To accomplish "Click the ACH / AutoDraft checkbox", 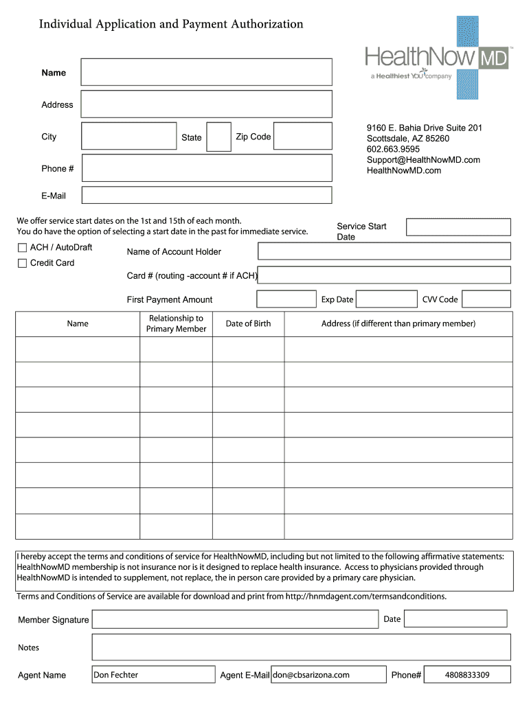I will [x=22, y=248].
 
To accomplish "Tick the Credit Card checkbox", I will [x=22, y=263].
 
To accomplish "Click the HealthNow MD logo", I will [x=437, y=58].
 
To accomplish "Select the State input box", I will [x=218, y=137].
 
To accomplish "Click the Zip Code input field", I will [x=302, y=137].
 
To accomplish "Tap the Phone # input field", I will [x=206, y=168].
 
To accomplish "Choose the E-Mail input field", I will [x=206, y=195].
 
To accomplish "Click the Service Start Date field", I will [x=458, y=227].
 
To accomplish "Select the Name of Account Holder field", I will [x=384, y=251].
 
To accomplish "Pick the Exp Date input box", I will [x=386, y=299].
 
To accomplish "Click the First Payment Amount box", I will [x=286, y=299].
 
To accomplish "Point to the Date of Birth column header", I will [x=248, y=324].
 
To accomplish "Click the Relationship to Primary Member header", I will [x=176, y=324].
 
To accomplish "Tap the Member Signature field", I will [x=235, y=619].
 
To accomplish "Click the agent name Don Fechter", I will [x=116, y=675].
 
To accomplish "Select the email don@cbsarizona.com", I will [x=311, y=675].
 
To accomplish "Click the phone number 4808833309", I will [x=467, y=675].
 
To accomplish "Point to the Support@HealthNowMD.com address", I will [x=423, y=160].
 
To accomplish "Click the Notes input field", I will [x=301, y=647].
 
